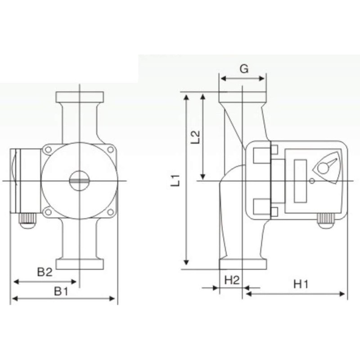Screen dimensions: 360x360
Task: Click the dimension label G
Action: click(243, 69)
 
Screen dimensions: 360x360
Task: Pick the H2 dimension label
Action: click(231, 280)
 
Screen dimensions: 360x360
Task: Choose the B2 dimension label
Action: click(45, 272)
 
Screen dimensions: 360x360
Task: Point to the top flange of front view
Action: click(79, 97)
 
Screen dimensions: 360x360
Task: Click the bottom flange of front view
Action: click(79, 264)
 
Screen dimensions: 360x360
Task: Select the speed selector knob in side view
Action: click(323, 168)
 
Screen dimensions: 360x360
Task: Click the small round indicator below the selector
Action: click(311, 181)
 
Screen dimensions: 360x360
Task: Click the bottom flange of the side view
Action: click(243, 265)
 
